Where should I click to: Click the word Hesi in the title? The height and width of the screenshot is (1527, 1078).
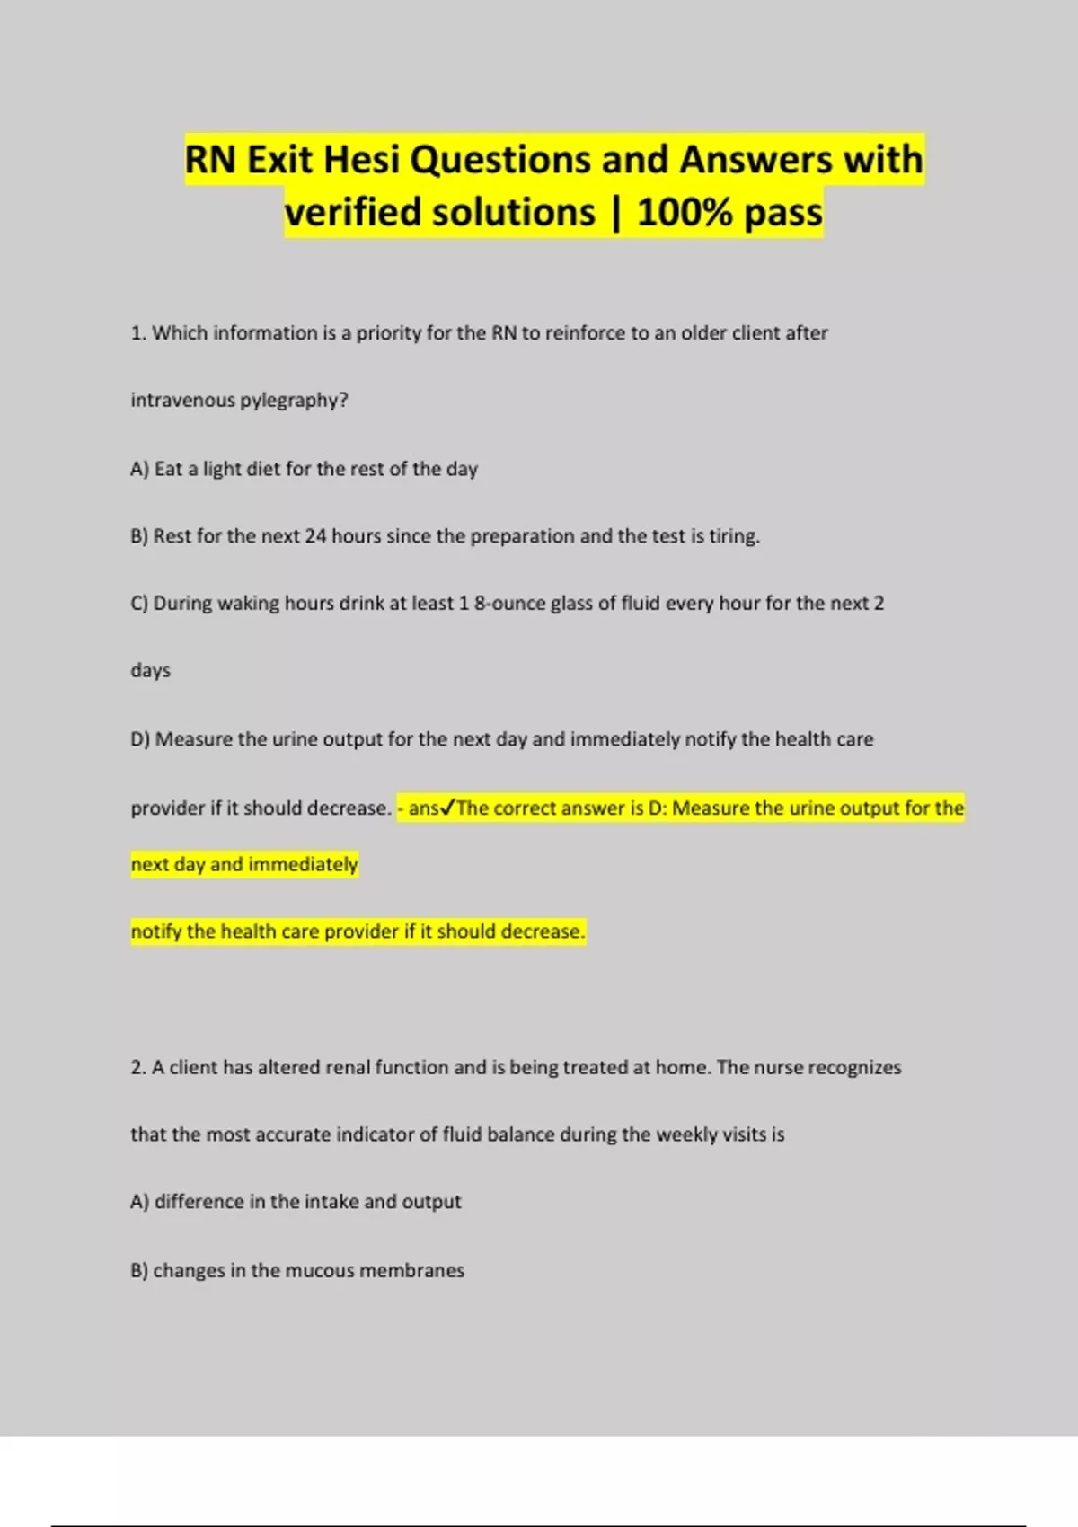[x=360, y=160]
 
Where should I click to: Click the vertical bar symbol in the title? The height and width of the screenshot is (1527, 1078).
[x=616, y=214]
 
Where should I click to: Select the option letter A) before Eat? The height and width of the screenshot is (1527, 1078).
[x=139, y=469]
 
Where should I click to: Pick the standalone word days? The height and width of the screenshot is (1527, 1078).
[x=150, y=671]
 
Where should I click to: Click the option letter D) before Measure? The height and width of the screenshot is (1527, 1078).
[x=140, y=739]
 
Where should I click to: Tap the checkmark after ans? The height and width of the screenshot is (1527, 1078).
[x=447, y=808]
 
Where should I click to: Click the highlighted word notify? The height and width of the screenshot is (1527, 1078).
[x=155, y=931]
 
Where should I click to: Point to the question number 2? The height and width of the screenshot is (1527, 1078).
[x=137, y=1067]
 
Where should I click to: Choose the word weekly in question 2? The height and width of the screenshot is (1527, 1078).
[x=686, y=1134]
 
